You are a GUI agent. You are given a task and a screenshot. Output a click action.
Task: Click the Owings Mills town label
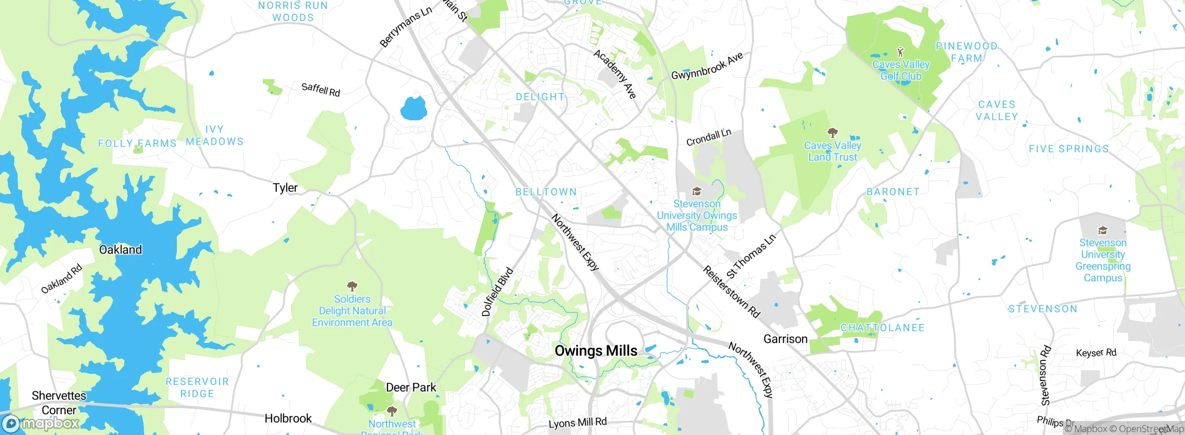[x=596, y=351]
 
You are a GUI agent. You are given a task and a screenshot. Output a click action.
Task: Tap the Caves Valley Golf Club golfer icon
[x=900, y=51]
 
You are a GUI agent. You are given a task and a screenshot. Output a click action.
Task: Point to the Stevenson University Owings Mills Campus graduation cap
[x=697, y=192]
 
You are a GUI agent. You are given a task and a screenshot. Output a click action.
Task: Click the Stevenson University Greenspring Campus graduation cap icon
[x=1103, y=230]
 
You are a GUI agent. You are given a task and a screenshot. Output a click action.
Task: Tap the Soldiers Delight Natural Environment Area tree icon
[x=352, y=286]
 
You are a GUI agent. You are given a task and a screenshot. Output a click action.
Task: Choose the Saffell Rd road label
[x=320, y=89]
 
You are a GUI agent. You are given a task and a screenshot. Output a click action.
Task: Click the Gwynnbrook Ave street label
[x=707, y=66]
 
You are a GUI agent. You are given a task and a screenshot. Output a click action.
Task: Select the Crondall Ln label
[x=708, y=137]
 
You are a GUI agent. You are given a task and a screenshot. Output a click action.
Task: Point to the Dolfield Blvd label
[x=497, y=292]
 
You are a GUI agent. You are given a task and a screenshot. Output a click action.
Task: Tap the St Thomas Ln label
[x=750, y=256]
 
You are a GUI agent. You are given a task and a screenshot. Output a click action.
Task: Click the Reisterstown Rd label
[x=731, y=292]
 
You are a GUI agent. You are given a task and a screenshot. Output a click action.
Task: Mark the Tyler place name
[x=285, y=188]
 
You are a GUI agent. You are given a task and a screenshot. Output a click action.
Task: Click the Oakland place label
[x=120, y=250]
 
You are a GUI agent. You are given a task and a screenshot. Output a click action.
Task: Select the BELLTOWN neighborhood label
[x=546, y=192]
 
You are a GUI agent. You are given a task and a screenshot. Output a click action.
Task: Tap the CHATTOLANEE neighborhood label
[x=882, y=328]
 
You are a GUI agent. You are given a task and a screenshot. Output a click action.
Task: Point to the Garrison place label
[x=785, y=339]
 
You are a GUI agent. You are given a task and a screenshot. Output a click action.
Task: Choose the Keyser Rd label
[x=1096, y=353]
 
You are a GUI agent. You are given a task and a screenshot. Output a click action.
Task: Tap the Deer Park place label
[x=411, y=387]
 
